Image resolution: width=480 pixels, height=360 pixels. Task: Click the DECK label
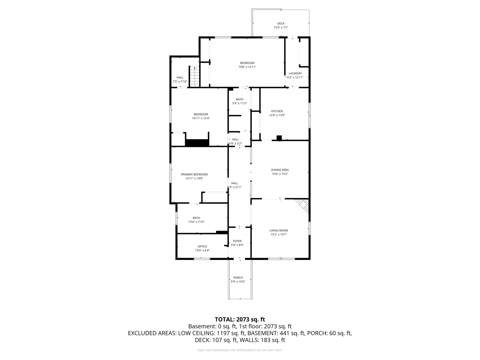[281, 23]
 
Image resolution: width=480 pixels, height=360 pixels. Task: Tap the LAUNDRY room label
[295, 74]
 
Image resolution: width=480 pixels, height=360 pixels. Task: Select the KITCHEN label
[277, 111]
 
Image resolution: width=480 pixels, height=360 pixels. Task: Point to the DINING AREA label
[280, 170]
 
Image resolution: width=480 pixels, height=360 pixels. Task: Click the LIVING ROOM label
[278, 230]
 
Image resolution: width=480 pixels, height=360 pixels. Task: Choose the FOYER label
[237, 241]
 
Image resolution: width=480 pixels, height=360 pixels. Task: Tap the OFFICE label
[202, 246]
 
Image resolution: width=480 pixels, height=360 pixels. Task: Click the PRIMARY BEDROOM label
[194, 174]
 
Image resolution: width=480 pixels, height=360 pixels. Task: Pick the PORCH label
[238, 278]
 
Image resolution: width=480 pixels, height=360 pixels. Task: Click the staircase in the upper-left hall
[194, 76]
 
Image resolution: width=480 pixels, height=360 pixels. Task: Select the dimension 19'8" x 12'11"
[247, 67]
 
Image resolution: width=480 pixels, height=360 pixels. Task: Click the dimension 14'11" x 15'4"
[201, 118]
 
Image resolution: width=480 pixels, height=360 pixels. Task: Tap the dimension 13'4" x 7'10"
[196, 222]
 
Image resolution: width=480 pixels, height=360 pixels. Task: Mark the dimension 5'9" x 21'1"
[234, 187]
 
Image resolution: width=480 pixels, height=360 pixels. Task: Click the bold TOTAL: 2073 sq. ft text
[240, 320]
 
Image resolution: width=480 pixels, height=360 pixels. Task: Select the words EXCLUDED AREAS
[152, 333]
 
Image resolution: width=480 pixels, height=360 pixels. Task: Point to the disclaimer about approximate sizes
[240, 350]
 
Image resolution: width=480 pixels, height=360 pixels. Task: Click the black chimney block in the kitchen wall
[279, 138]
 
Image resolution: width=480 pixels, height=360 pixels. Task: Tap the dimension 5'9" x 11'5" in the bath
[240, 103]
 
